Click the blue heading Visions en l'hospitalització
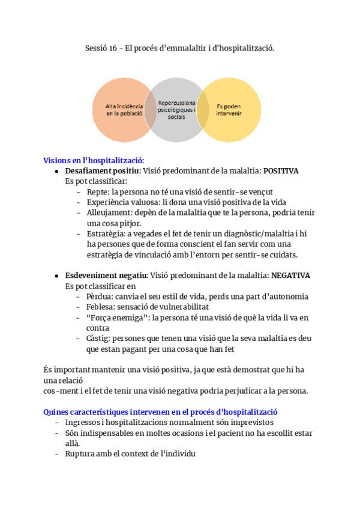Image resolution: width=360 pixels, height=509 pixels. pos(94,160)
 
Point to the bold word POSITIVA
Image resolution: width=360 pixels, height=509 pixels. pos(281,171)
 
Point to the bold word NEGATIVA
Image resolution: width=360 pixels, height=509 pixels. pos(290,276)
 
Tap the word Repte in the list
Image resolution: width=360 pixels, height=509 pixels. pos(96,191)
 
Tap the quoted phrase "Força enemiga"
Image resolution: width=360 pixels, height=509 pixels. pos(116,318)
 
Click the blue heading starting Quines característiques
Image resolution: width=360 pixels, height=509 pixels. pos(160,412)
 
